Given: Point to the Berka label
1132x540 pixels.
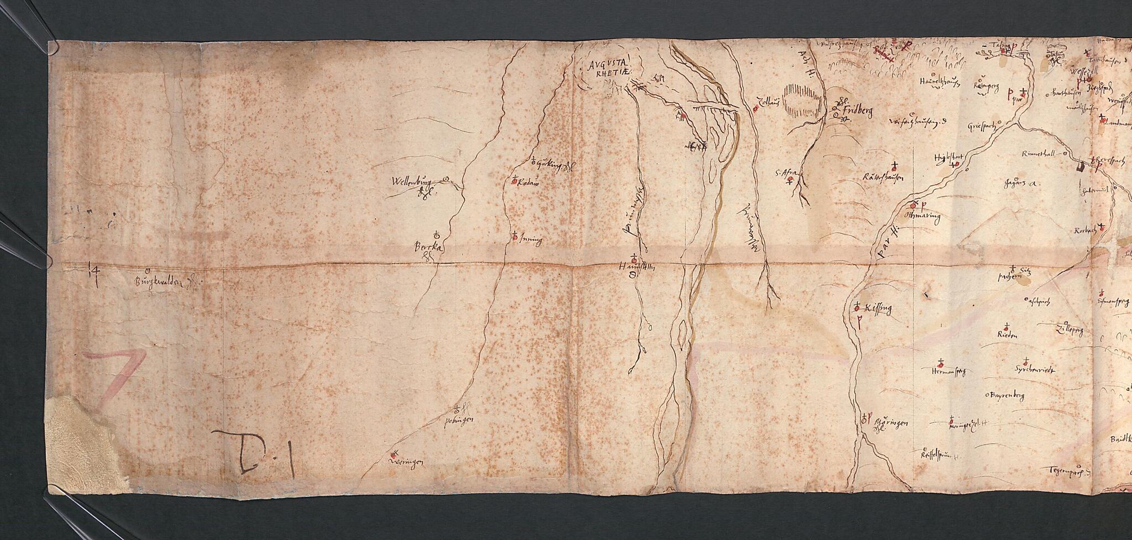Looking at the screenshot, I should (429, 249).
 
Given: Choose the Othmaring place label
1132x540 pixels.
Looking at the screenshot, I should (924, 216).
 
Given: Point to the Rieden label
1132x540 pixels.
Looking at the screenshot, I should (1007, 335).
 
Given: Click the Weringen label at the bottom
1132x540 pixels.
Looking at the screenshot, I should (406, 460).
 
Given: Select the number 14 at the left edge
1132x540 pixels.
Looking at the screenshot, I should (93, 271).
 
